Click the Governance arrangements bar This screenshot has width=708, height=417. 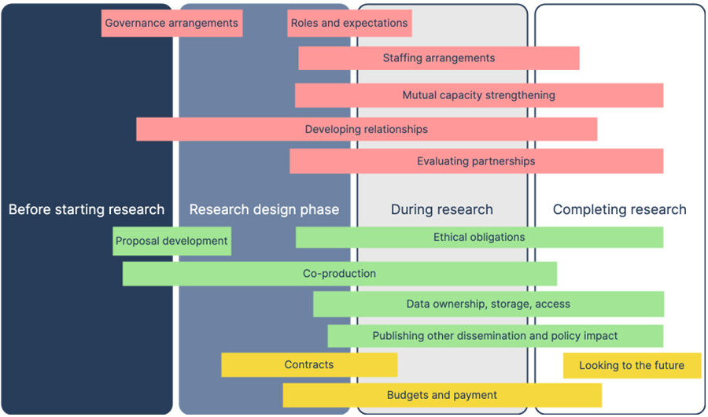(x=171, y=24)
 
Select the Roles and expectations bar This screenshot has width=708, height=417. (x=349, y=24)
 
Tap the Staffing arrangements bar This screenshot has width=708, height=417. (x=438, y=58)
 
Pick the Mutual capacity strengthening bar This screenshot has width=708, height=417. (x=478, y=95)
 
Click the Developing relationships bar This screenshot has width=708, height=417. (x=367, y=129)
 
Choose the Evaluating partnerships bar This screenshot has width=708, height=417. (x=476, y=161)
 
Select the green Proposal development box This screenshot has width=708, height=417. (x=171, y=241)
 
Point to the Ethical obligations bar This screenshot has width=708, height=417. (x=479, y=237)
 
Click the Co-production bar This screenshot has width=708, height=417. (x=339, y=274)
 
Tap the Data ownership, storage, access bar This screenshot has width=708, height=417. (x=488, y=304)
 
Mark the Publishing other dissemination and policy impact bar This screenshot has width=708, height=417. (x=495, y=336)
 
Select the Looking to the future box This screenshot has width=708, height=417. (x=632, y=365)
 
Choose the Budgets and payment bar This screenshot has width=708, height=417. (x=441, y=395)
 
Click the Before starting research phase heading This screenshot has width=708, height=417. (x=87, y=209)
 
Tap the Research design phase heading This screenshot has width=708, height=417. (x=264, y=209)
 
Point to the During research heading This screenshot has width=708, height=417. (x=442, y=209)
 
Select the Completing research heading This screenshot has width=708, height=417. (x=620, y=209)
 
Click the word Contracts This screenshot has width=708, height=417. (x=309, y=365)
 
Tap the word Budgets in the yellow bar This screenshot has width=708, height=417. (x=409, y=395)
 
